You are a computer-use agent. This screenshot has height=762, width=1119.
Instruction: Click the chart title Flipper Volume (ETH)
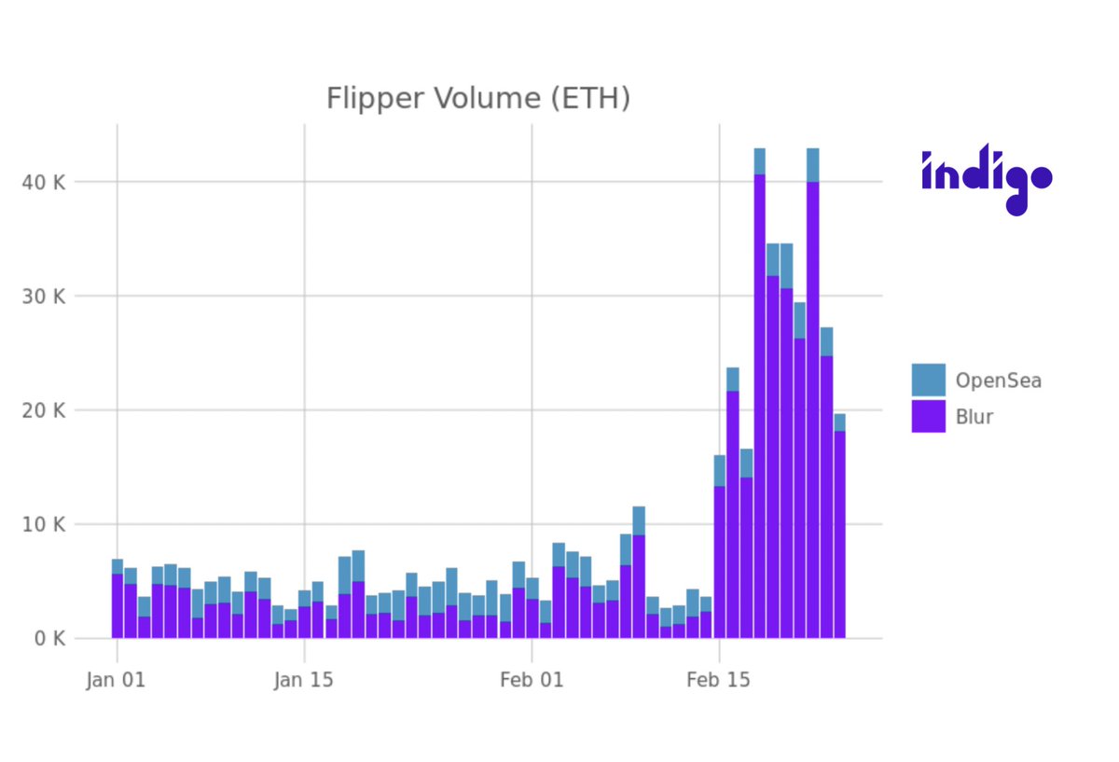[x=477, y=98]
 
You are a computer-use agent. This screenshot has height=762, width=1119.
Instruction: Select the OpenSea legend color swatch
[x=928, y=381]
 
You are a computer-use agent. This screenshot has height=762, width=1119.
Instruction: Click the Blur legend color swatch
[x=928, y=416]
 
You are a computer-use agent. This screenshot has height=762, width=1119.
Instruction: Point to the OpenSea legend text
[x=998, y=381]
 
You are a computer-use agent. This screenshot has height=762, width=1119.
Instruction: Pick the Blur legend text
[x=974, y=416]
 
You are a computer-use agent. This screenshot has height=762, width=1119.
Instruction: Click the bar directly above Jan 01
[x=117, y=602]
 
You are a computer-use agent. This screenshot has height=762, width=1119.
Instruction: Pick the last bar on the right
[x=839, y=532]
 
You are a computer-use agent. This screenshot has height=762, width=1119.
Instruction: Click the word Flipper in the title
[x=365, y=98]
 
